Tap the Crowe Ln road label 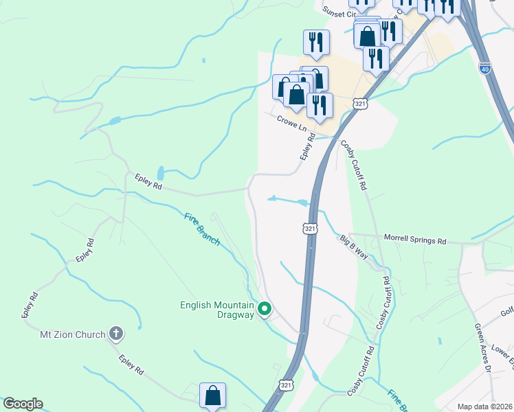click(x=291, y=123)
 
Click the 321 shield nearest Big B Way click(x=310, y=228)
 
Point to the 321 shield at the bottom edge click(x=287, y=386)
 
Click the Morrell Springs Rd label click(x=414, y=241)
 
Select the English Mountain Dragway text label click(x=218, y=311)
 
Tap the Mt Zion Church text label click(x=72, y=334)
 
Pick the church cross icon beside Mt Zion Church click(x=117, y=334)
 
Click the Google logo click(x=23, y=404)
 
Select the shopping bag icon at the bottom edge click(x=212, y=396)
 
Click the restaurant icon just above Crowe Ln click(x=320, y=105)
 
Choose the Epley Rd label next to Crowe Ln click(x=306, y=148)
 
